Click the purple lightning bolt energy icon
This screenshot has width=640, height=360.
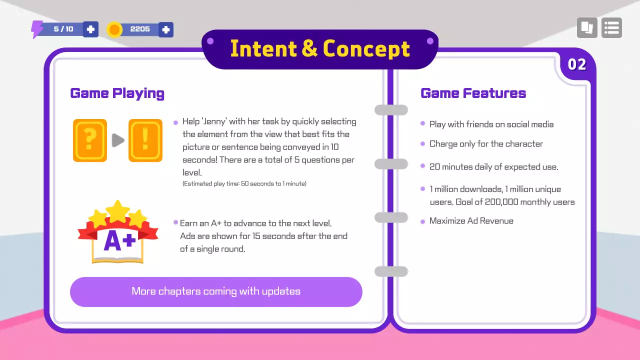[x=37, y=29]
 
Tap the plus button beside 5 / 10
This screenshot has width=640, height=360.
[x=90, y=29]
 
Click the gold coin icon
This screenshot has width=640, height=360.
[x=114, y=29]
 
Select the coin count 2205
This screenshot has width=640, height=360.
[x=140, y=29]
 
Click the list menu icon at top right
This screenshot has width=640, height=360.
[x=611, y=28]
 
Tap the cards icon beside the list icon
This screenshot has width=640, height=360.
[x=587, y=28]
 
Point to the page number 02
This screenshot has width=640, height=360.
[x=577, y=64]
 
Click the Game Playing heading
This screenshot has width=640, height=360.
[x=117, y=93]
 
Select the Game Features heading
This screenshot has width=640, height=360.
[x=473, y=93]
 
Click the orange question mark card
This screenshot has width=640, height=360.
[x=90, y=140]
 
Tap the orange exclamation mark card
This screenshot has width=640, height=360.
[x=145, y=140]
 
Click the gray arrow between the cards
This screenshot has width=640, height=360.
[x=118, y=140]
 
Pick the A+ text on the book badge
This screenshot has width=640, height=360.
[x=119, y=241]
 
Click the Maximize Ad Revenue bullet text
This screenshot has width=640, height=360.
[x=471, y=221]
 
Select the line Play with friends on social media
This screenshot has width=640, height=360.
[x=491, y=124]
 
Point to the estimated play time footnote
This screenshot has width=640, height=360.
[x=244, y=184]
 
